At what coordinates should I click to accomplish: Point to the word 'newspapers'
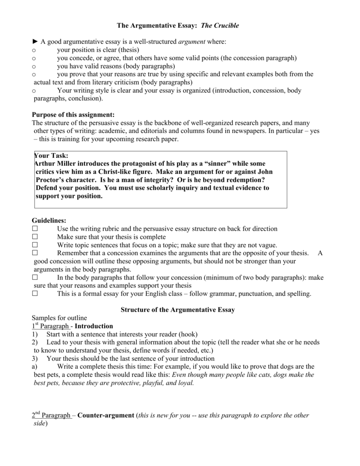click(250, 131)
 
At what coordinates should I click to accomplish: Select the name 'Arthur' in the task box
click(46, 164)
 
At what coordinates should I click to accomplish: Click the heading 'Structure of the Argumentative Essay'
click(177, 310)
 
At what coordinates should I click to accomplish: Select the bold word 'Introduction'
click(94, 326)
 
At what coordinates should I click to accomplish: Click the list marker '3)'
click(35, 359)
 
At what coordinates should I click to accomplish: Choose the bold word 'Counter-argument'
click(106, 415)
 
